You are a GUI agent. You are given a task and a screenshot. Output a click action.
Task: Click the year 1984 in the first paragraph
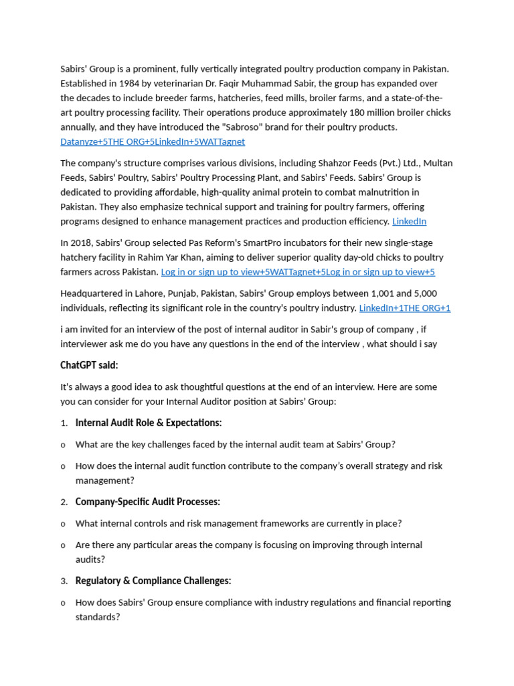tap(131, 83)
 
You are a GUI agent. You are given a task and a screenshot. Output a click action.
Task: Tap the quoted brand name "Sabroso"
tap(286, 127)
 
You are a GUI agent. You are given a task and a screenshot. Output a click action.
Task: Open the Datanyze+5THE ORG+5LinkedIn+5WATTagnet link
tap(153, 141)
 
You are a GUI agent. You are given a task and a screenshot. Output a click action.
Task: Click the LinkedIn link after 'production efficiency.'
tap(409, 221)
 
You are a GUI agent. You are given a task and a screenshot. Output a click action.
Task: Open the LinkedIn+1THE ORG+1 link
tap(405, 308)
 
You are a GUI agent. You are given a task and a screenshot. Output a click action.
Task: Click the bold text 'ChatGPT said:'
tap(89, 365)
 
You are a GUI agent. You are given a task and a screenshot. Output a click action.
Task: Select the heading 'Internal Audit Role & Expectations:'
tap(149, 423)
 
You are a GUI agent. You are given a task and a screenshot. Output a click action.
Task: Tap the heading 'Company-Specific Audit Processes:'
tap(148, 502)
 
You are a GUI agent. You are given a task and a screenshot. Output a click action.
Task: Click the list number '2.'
tap(64, 502)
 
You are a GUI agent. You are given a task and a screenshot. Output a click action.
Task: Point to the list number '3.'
tap(64, 581)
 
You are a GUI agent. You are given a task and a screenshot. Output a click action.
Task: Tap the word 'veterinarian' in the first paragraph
tap(174, 83)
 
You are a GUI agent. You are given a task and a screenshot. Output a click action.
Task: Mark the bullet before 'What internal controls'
tap(63, 524)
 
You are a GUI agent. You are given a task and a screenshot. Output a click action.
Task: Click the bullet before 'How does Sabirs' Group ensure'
tap(63, 603)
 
